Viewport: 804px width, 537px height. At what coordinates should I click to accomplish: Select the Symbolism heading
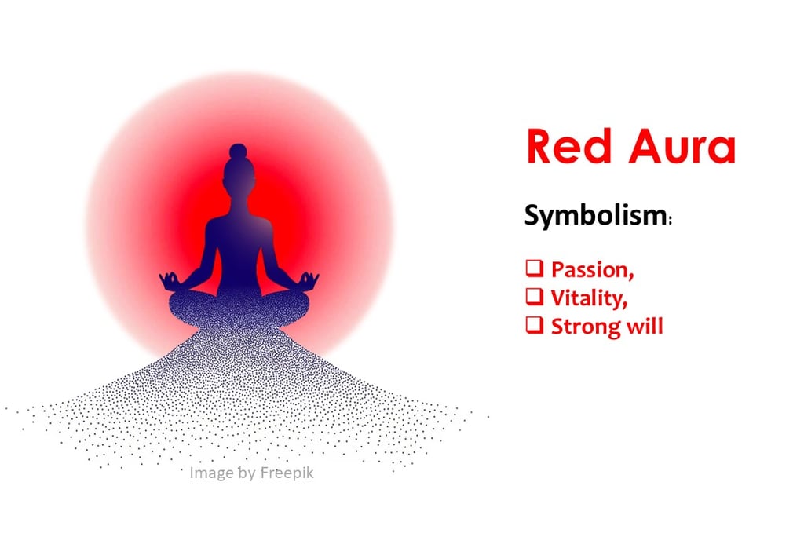click(595, 216)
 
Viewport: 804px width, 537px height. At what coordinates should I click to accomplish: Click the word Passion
click(592, 270)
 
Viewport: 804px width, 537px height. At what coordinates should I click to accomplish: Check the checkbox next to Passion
click(534, 268)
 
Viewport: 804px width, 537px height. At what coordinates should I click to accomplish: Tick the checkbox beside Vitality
click(534, 296)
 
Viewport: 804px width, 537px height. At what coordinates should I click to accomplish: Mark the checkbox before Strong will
click(534, 323)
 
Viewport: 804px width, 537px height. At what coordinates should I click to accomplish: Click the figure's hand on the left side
click(170, 279)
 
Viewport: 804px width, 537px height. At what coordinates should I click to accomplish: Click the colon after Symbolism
click(670, 221)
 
